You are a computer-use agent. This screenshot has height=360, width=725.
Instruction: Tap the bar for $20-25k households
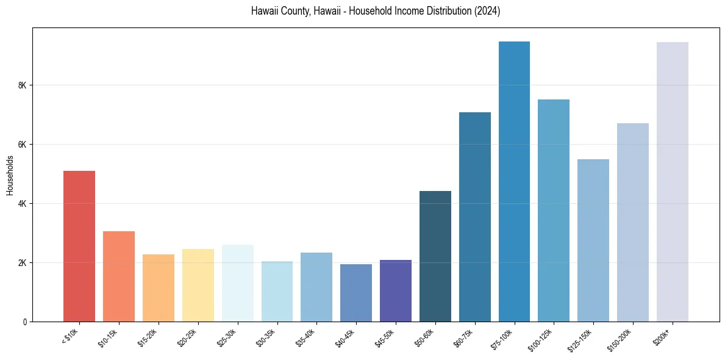(x=198, y=285)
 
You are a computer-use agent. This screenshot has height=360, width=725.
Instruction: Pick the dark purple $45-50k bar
(x=396, y=290)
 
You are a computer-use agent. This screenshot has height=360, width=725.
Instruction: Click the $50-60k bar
(x=435, y=256)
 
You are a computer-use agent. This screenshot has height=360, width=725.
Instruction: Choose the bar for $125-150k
(x=593, y=240)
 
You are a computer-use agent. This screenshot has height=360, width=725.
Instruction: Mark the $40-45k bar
(x=356, y=293)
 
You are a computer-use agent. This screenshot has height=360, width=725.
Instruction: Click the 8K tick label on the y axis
(x=23, y=85)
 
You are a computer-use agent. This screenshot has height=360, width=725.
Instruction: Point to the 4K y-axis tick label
(x=23, y=204)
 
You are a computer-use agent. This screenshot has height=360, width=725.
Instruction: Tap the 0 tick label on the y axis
(x=24, y=322)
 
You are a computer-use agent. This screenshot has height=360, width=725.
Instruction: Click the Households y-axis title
(x=10, y=175)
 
